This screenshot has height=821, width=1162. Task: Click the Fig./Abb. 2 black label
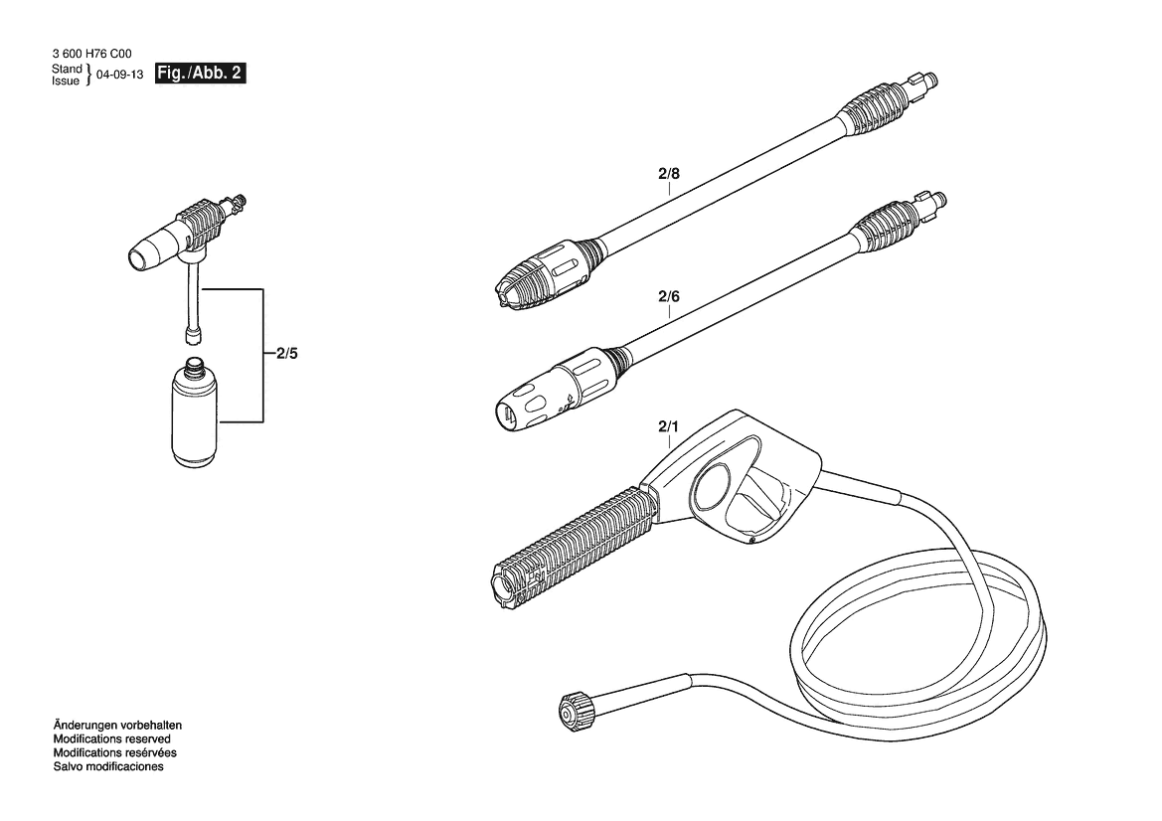pos(200,74)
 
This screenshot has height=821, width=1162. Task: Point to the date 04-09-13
pos(120,75)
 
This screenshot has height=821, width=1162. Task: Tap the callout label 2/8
pos(668,174)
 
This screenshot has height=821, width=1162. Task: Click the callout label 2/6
pos(668,296)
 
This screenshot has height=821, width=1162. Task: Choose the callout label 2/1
pos(668,426)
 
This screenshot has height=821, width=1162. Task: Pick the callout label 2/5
pos(287,354)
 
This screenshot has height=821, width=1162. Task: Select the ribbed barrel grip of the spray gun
pos(575,545)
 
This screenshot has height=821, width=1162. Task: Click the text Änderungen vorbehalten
pos(117,726)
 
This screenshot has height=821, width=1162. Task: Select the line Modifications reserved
pos(112,739)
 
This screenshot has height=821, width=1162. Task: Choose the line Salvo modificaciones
pos(108,766)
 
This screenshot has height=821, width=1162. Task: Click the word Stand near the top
pos(67,69)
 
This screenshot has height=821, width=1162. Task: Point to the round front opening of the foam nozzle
pos(139,260)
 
